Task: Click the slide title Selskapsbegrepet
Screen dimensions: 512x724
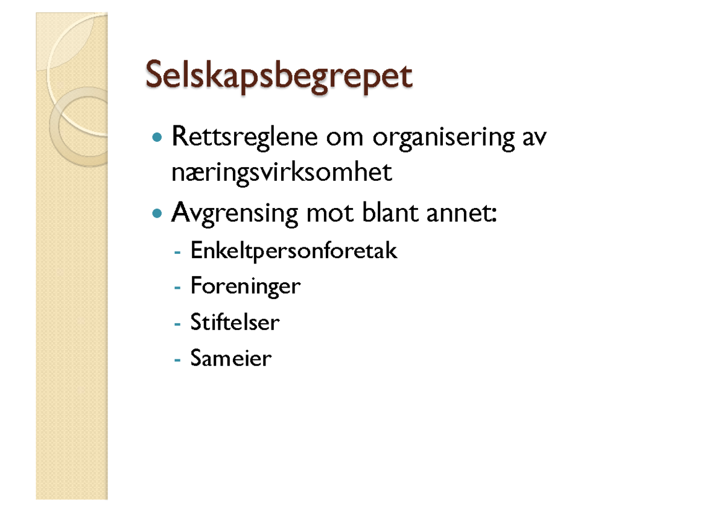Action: pos(279,78)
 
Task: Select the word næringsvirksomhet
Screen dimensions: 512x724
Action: pos(282,174)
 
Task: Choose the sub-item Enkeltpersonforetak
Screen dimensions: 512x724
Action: pos(294,250)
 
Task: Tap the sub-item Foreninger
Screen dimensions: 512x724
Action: pos(245,286)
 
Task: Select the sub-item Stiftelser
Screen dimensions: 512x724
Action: pos(235,322)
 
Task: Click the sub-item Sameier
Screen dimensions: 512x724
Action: pos(231,358)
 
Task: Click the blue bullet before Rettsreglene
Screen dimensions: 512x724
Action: pos(158,139)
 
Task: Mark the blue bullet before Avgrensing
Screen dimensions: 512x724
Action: pos(158,213)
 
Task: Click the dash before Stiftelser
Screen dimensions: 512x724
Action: pos(177,323)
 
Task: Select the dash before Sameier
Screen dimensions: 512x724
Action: pos(177,359)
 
